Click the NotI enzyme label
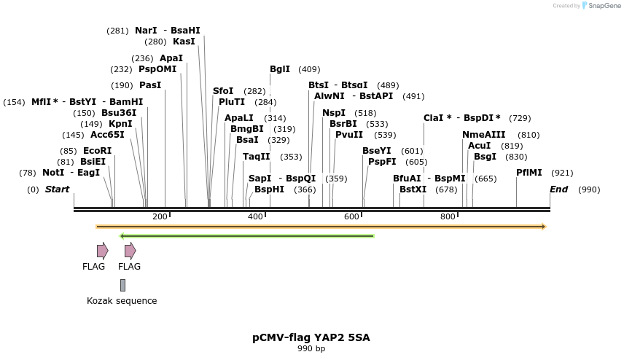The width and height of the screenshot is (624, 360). [x=53, y=173]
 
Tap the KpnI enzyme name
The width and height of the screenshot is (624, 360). [x=120, y=124]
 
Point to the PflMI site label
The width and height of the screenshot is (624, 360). [x=529, y=173]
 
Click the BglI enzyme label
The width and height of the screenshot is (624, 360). [x=280, y=69]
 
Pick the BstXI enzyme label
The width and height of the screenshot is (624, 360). [x=413, y=189]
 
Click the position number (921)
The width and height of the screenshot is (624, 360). [x=562, y=173]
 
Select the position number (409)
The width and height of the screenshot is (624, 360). [x=309, y=69]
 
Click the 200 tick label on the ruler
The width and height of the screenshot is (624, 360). [x=160, y=217]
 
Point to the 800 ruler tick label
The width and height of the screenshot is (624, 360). [x=448, y=217]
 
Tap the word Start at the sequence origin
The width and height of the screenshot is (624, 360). [x=57, y=189]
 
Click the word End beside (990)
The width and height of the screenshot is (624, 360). [x=558, y=189]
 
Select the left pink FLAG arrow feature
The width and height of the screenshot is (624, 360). [x=102, y=251]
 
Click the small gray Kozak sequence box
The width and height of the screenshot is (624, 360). [x=123, y=285]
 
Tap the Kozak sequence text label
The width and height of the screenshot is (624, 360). [x=122, y=301]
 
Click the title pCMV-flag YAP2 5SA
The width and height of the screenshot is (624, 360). [x=311, y=337]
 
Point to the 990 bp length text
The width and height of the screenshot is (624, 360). [x=311, y=349]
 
